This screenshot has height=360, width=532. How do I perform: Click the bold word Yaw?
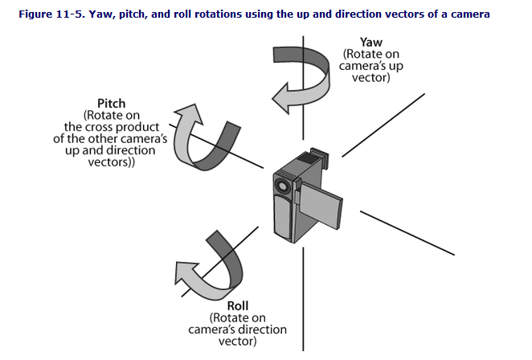click(x=370, y=42)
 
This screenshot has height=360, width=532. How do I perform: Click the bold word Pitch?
click(x=111, y=104)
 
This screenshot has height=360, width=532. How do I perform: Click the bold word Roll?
click(x=238, y=305)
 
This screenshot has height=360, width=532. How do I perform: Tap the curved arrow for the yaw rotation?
click(x=305, y=73)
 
